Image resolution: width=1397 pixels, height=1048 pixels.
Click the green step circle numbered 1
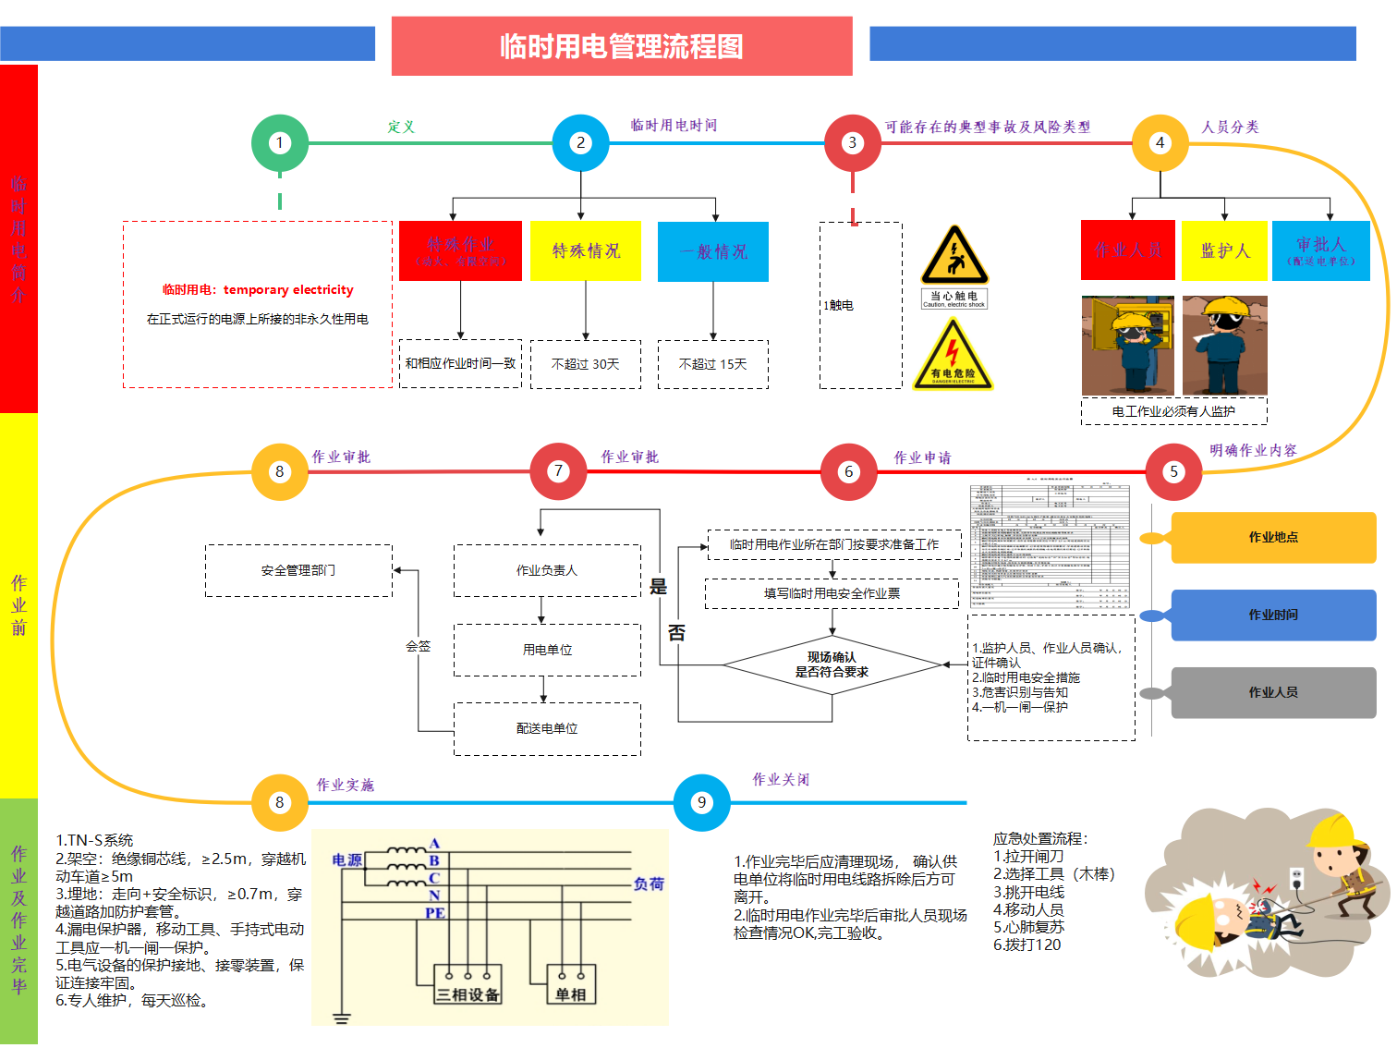click(x=280, y=143)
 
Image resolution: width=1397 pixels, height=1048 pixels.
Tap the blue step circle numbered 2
click(x=580, y=143)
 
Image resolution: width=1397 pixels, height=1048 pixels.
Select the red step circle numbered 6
click(x=849, y=471)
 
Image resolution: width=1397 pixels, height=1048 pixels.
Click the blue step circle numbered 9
click(x=702, y=802)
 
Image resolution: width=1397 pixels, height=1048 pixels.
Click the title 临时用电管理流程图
click(x=622, y=46)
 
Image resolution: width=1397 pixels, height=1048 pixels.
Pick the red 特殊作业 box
click(x=460, y=250)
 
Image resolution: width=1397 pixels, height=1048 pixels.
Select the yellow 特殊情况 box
click(x=586, y=250)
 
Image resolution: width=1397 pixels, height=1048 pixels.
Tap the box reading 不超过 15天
click(x=712, y=364)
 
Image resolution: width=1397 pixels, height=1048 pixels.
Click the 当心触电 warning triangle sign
click(x=954, y=257)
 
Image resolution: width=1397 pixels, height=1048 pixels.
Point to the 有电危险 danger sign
click(x=953, y=356)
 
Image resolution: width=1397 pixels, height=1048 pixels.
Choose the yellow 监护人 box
click(x=1224, y=250)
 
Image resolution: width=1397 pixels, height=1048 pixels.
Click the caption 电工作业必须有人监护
click(x=1173, y=411)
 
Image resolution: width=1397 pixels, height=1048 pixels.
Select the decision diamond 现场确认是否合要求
click(x=832, y=664)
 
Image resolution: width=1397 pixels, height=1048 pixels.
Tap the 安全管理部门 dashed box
click(x=298, y=570)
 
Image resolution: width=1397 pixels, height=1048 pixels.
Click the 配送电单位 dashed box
click(x=547, y=729)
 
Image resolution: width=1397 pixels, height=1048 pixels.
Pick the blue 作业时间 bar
click(x=1273, y=615)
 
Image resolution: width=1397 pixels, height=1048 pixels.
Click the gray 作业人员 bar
click(x=1273, y=692)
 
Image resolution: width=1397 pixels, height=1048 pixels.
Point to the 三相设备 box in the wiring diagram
click(x=468, y=985)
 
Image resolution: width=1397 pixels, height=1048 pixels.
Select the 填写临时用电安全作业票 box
click(x=832, y=593)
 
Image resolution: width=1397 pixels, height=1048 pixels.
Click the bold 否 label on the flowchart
click(x=676, y=633)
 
